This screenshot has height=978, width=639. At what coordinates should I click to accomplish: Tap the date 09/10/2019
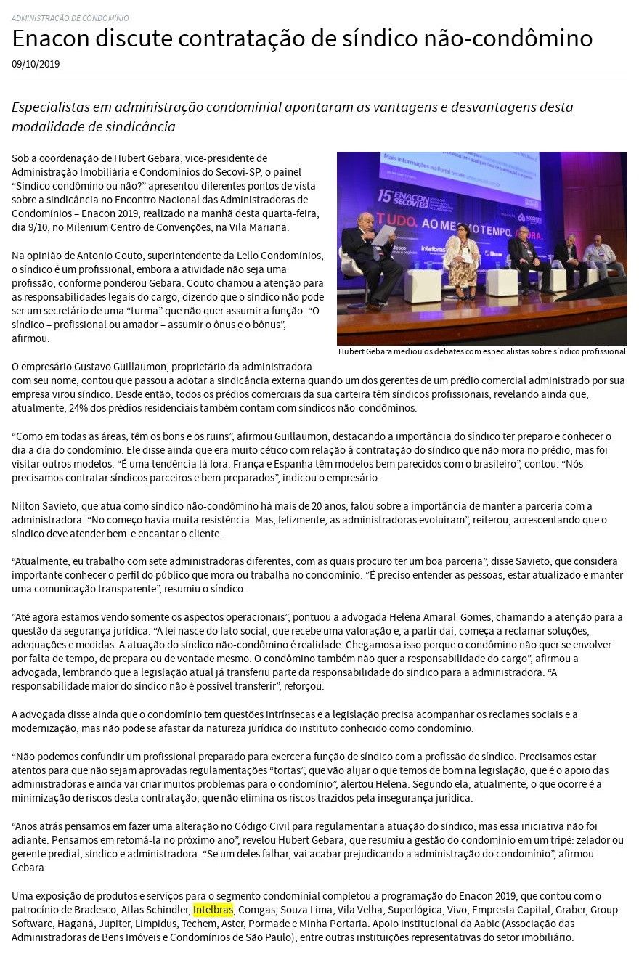[36, 64]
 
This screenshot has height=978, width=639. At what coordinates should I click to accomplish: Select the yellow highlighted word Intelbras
[213, 909]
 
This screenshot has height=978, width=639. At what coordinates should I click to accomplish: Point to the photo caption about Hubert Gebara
[481, 351]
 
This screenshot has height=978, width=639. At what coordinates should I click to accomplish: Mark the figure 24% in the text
[79, 408]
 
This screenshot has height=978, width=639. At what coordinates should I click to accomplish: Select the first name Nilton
[27, 506]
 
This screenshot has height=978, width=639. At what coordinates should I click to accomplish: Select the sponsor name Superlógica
[409, 909]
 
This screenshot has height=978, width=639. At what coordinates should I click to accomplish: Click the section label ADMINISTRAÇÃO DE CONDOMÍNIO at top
[70, 18]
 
